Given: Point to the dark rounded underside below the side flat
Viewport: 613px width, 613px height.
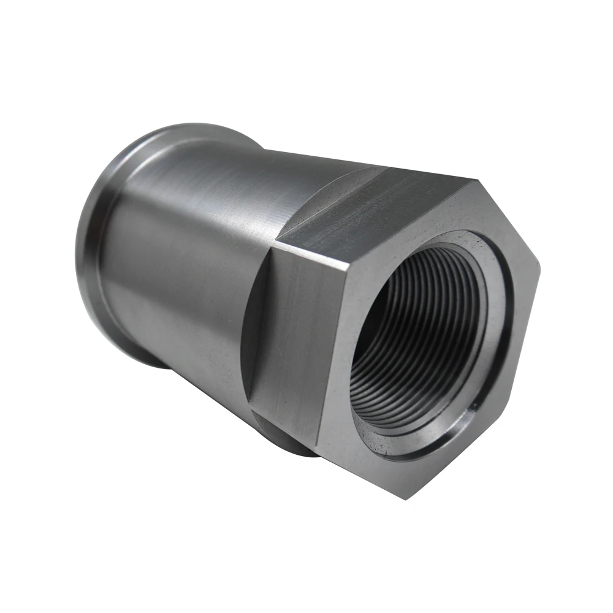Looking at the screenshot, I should click(288, 438).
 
